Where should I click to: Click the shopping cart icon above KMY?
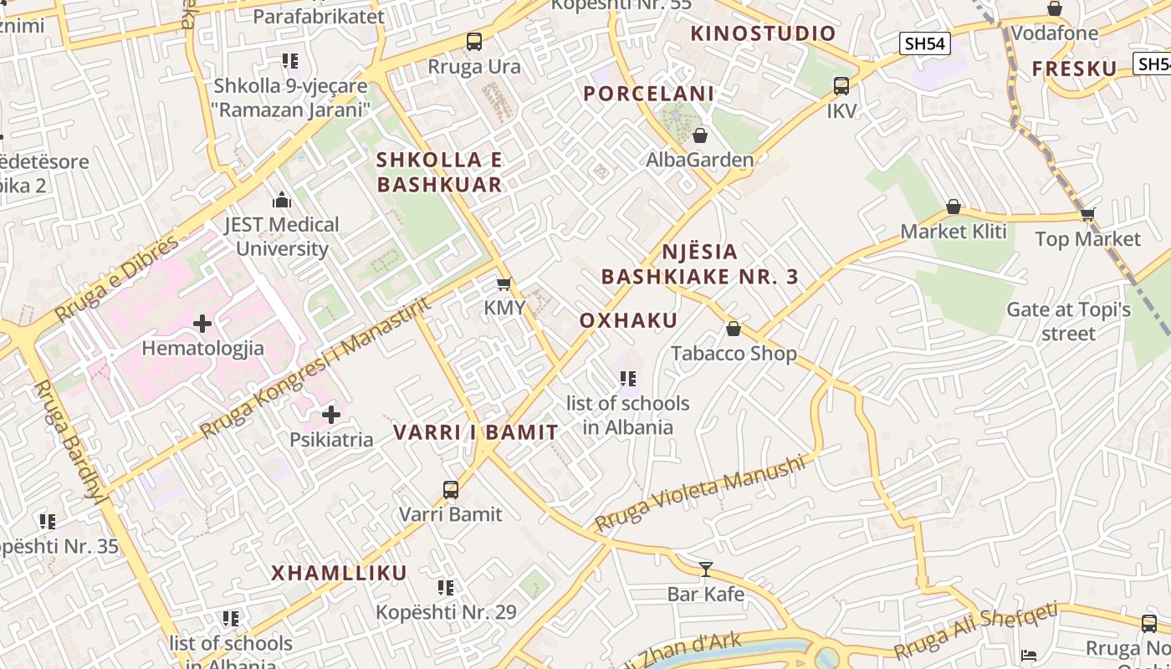point(504,284)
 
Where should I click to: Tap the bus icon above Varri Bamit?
point(451,490)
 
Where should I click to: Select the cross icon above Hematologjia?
point(202,324)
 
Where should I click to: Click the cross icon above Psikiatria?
point(331,414)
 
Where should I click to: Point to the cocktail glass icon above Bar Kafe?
point(706,569)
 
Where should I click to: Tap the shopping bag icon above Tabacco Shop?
point(734,329)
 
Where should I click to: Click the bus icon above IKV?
point(841,85)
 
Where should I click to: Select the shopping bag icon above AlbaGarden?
point(700,135)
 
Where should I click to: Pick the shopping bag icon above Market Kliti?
point(953,207)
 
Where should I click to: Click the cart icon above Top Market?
point(1087,214)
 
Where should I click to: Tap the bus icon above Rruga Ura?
point(474,41)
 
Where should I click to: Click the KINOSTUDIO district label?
point(763,33)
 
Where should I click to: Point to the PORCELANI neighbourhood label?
point(649,94)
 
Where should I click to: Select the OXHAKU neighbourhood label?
point(628,320)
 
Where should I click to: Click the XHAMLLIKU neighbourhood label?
point(339,573)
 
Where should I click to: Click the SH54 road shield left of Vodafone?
point(925,43)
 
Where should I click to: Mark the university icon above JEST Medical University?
point(282,200)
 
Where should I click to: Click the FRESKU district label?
point(1074,69)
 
